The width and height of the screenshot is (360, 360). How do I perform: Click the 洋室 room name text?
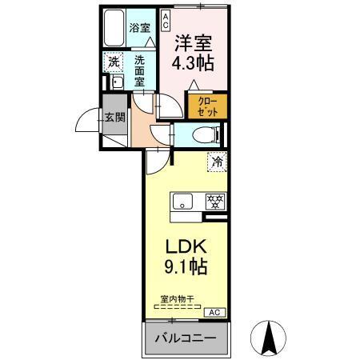click(x=194, y=39)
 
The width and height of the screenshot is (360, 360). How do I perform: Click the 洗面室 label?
click(x=140, y=70)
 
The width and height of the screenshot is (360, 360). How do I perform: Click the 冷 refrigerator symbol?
click(x=217, y=162)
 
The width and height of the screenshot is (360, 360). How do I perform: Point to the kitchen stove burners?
click(x=214, y=202)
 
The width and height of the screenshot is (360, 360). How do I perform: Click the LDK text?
click(x=186, y=246)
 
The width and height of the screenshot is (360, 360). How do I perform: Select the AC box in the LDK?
click(x=214, y=312)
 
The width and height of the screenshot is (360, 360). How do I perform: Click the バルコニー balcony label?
click(x=186, y=338)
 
